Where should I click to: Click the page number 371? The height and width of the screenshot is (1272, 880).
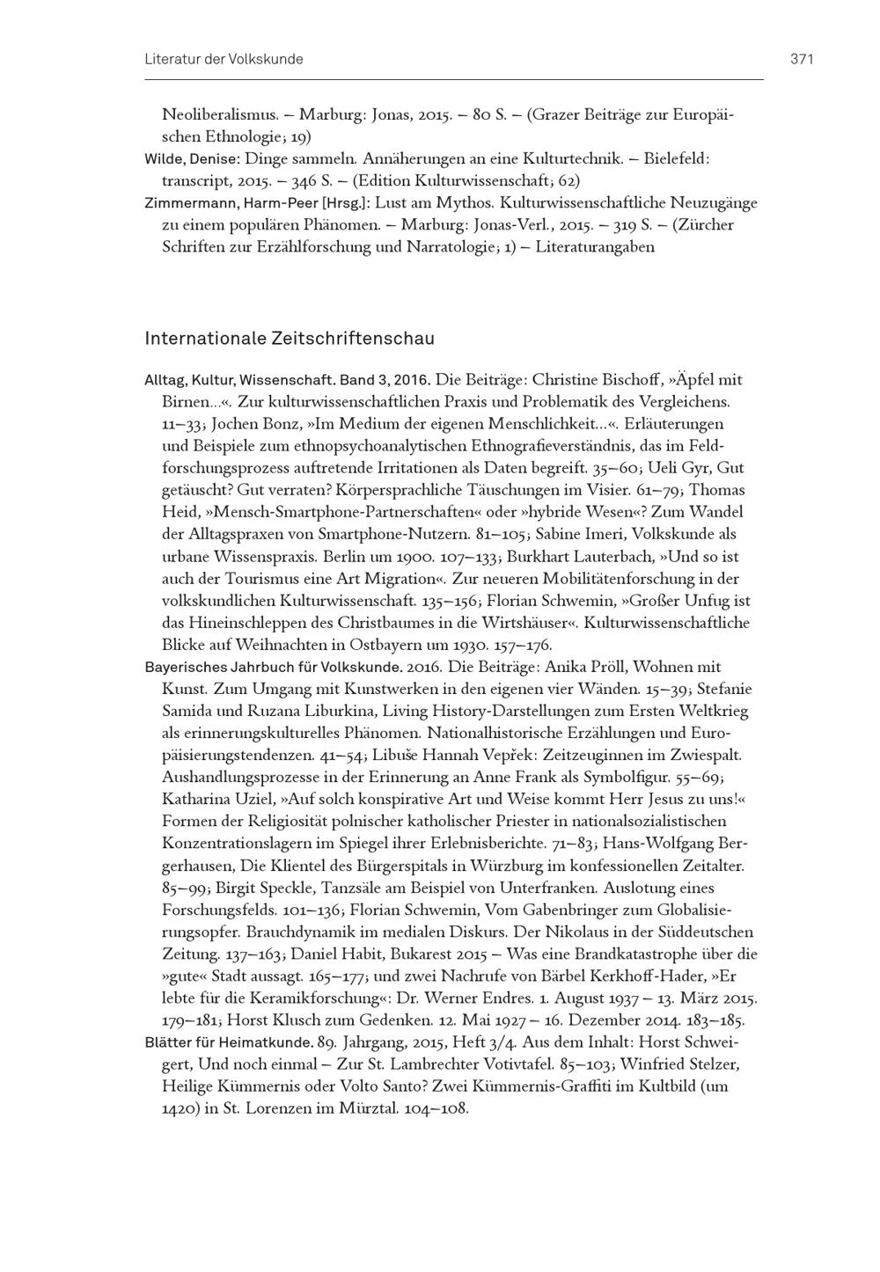tap(802, 60)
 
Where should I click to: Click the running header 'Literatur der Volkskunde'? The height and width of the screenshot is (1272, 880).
tap(224, 60)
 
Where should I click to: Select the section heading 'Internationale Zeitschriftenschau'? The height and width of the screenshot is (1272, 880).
tap(290, 339)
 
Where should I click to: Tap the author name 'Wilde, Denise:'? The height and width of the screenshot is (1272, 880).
tap(192, 160)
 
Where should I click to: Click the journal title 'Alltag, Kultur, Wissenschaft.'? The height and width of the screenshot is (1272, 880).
tap(237, 381)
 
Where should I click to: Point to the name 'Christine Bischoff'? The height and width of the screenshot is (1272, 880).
tap(598, 380)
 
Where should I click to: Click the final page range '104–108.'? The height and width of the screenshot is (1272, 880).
tap(436, 1109)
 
